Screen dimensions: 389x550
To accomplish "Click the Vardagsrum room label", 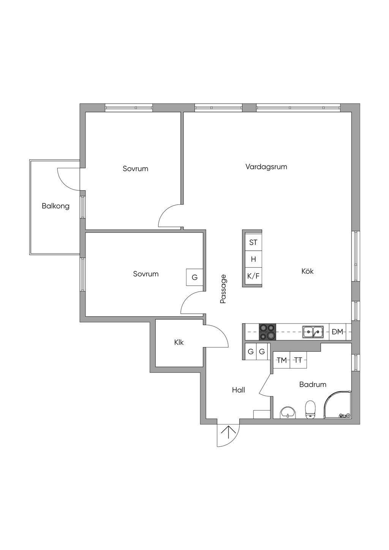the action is click(266, 167).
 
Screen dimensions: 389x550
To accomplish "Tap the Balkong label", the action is click(55, 206).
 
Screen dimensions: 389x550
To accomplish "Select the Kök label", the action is click(307, 271).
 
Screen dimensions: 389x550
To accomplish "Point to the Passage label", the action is click(223, 289).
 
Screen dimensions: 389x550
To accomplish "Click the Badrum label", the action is click(313, 384).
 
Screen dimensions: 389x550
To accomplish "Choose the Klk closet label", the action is click(179, 342).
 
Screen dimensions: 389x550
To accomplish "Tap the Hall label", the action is click(239, 390).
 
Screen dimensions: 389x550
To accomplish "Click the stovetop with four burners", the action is click(267, 332).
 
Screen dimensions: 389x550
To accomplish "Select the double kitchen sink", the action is click(313, 332).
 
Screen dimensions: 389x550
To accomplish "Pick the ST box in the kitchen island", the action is click(253, 242).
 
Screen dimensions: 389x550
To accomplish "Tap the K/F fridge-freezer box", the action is click(253, 276).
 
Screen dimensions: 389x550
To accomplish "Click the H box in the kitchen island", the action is click(253, 259).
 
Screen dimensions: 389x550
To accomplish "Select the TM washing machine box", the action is click(281, 360).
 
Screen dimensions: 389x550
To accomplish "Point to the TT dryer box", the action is click(298, 360).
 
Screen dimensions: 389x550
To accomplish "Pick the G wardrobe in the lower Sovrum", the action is click(194, 277).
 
